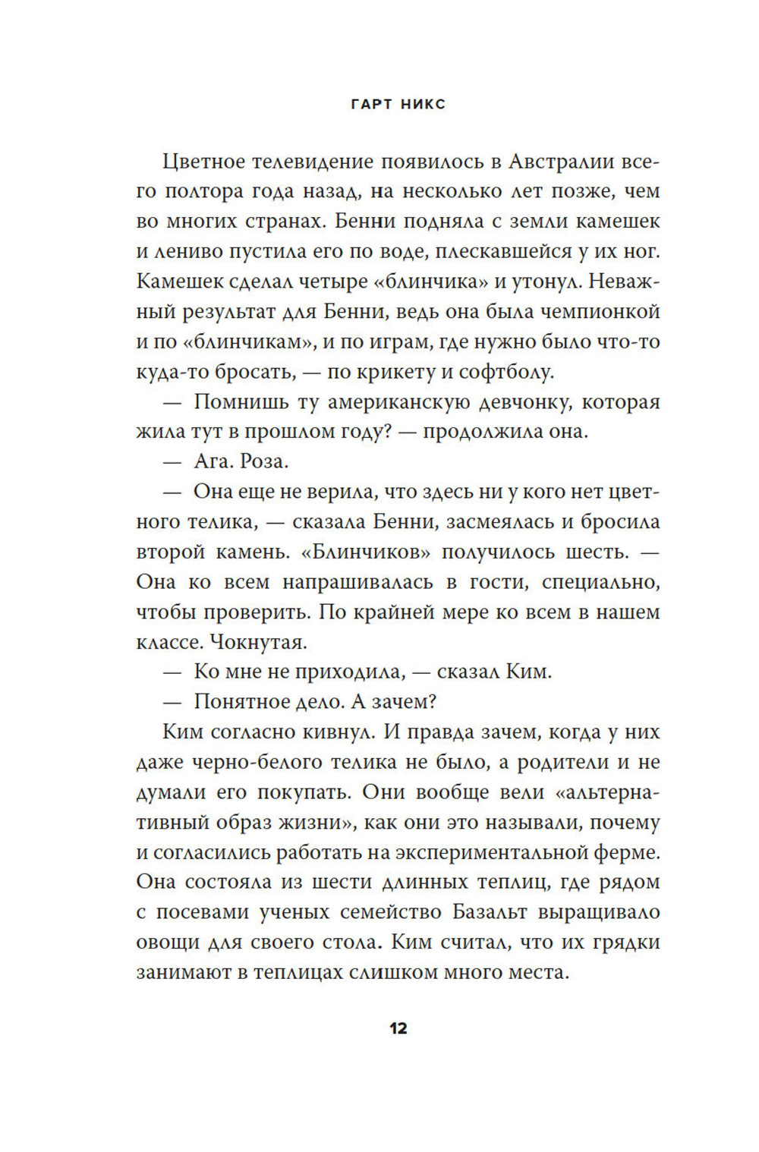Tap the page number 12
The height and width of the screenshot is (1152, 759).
[x=398, y=1029]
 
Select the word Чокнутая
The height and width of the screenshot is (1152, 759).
[x=258, y=643]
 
